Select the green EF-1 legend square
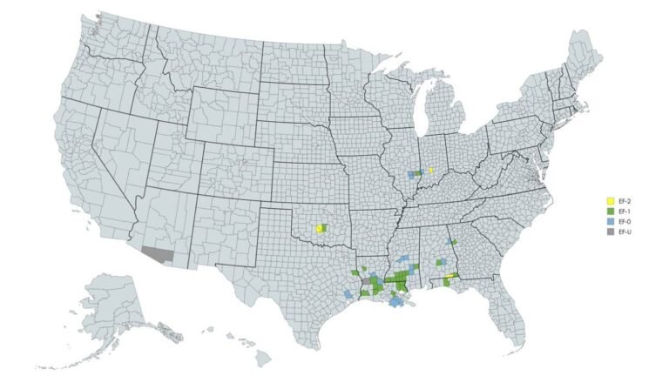611,211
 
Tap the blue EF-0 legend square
611,222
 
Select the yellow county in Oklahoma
319,230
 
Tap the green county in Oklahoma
324,227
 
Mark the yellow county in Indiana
431,170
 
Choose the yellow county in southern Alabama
449,278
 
